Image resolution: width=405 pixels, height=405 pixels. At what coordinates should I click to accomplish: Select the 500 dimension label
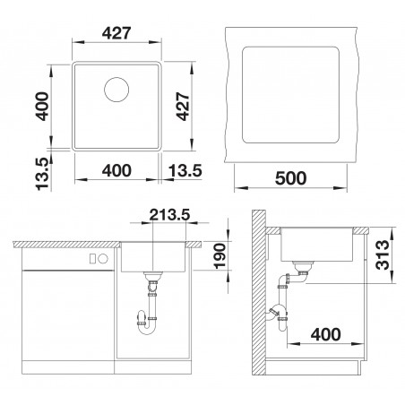pyautogui.click(x=290, y=178)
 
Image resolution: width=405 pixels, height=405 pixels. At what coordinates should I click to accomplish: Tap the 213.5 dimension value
pyautogui.click(x=169, y=214)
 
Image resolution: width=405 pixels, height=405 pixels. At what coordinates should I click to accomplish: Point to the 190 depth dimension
pyautogui.click(x=220, y=256)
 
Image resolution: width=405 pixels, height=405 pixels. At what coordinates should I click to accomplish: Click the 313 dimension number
pyautogui.click(x=383, y=255)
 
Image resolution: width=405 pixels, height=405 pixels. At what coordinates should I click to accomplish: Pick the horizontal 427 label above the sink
pyautogui.click(x=116, y=33)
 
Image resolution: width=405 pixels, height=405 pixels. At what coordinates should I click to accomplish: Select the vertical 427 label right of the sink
pyautogui.click(x=183, y=107)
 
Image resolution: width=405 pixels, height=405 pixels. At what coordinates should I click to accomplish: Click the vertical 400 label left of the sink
pyautogui.click(x=41, y=107)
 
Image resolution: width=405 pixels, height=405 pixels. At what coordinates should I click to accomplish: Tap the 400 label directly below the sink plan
pyautogui.click(x=116, y=170)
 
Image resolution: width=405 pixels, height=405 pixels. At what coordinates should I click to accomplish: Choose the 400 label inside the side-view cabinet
pyautogui.click(x=325, y=334)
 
